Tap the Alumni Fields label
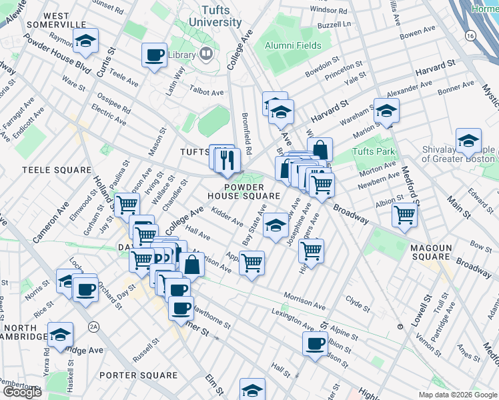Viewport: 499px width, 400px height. click(x=292, y=45)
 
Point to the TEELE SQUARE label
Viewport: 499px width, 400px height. click(x=56, y=170)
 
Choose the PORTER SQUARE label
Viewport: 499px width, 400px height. click(x=138, y=375)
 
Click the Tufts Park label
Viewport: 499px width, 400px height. click(x=372, y=151)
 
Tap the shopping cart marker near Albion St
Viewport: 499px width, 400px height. click(x=404, y=215)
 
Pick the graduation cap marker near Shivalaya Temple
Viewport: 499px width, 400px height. click(x=468, y=141)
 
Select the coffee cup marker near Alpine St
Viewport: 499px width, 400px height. click(x=315, y=343)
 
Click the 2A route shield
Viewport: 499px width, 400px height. click(x=95, y=327)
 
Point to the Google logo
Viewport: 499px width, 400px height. click(x=21, y=392)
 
